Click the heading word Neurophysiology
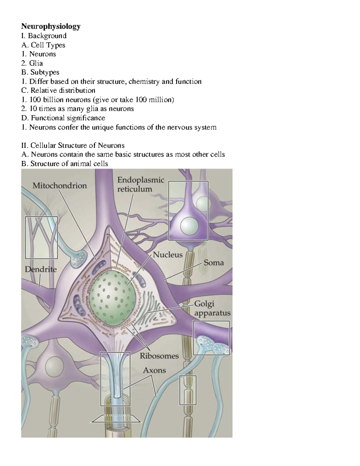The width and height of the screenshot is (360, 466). [51, 26]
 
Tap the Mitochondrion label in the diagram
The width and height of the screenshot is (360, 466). [59, 186]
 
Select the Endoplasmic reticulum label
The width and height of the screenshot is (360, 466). [140, 185]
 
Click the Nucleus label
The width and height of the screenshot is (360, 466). [168, 255]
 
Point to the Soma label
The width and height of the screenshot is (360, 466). [214, 263]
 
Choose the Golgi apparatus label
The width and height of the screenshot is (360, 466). [212, 308]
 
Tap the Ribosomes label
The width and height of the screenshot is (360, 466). [159, 356]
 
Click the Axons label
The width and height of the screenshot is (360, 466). [154, 370]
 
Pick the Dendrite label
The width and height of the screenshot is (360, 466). [40, 269]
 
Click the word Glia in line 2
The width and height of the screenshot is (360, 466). [36, 63]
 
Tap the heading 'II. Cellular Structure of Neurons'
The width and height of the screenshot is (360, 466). [73, 146]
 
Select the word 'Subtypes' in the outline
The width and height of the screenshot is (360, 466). [45, 72]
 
